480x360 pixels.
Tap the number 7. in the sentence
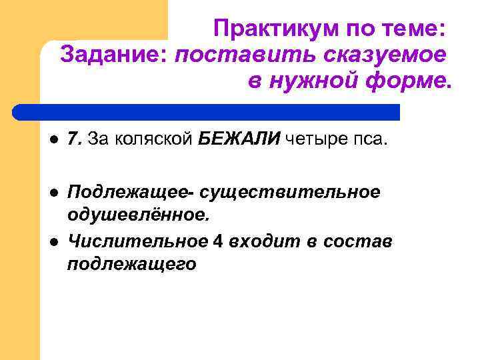tap(75, 139)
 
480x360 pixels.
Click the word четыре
tap(315, 139)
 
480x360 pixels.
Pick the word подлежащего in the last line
tap(132, 264)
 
